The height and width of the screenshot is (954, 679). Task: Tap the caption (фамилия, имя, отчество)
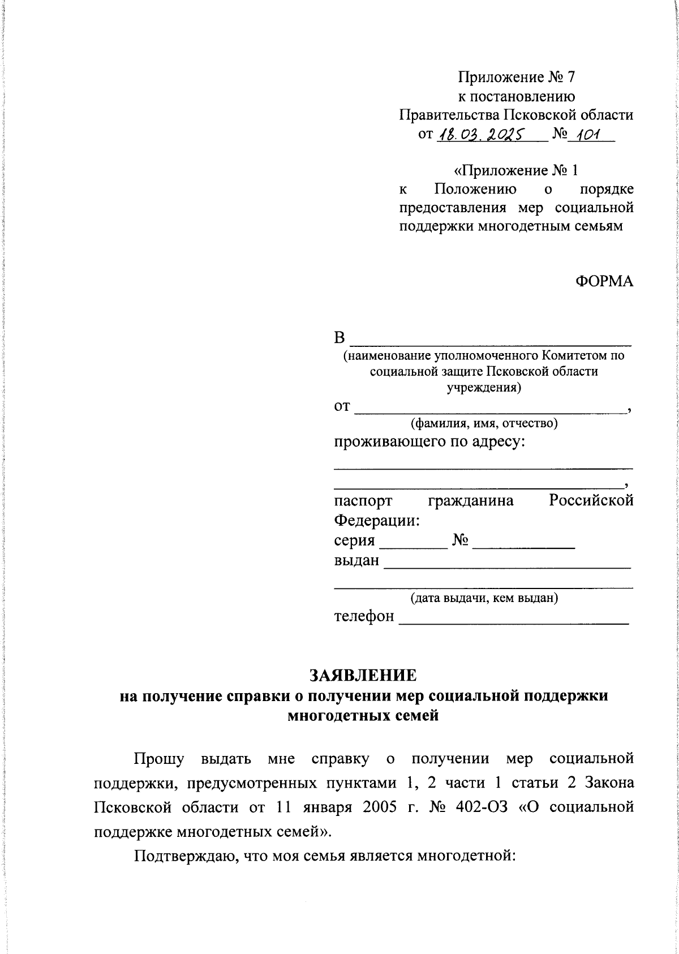(484, 423)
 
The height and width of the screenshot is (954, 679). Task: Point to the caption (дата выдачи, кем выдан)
(484, 598)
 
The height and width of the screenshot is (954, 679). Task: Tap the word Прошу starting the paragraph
(158, 759)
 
